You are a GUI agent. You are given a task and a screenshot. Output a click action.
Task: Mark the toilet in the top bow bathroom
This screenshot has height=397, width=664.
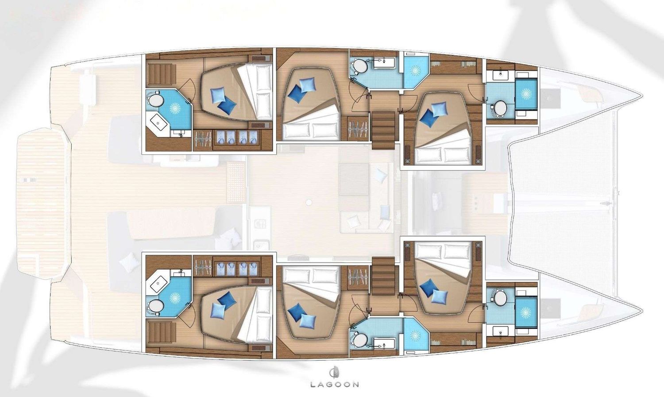click(500, 108)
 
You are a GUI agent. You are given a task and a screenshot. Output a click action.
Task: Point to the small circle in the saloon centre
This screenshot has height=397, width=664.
click(309, 202)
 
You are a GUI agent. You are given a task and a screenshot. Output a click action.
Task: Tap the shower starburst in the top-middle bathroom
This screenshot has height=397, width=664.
click(416, 70)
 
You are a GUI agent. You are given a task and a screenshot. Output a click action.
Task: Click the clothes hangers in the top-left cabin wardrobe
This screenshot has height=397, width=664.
click(203, 138)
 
